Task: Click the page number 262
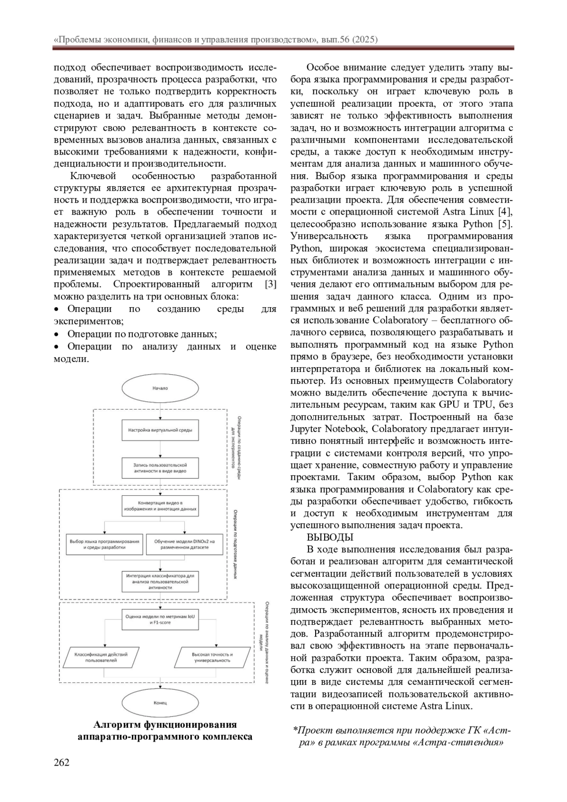coord(62,762)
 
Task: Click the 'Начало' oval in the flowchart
coord(160,388)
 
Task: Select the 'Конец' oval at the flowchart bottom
coord(160,703)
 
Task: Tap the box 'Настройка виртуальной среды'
coord(160,430)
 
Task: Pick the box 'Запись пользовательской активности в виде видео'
coord(160,468)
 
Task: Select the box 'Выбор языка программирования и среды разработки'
coord(104,544)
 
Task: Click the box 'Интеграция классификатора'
coord(160,582)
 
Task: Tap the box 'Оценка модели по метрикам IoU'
coord(160,620)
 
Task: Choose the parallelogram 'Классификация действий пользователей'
coord(101,657)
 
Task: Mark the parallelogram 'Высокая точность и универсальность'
coord(212,657)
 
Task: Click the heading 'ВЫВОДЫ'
coord(330,537)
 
